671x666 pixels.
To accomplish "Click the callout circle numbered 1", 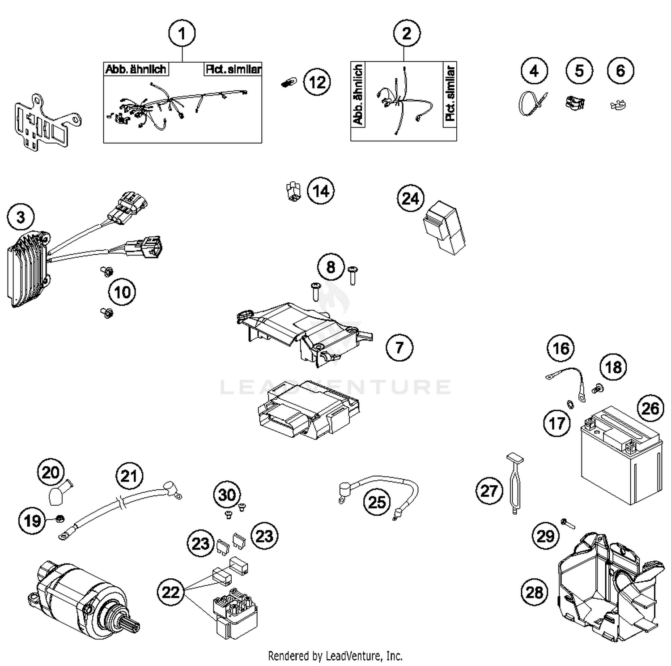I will click(182, 34).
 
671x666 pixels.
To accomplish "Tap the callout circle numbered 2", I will click(407, 34).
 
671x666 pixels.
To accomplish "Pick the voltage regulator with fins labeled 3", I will click(29, 269).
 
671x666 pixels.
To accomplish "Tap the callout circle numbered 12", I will click(317, 82).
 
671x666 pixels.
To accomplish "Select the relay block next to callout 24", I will click(445, 228).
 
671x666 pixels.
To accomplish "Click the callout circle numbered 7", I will click(399, 347).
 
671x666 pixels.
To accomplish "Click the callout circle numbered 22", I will click(170, 593).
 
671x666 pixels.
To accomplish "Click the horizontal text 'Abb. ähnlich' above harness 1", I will click(136, 69).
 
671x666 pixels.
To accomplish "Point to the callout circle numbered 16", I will click(561, 348).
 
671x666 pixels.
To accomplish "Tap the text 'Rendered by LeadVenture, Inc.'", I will click(335, 656).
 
